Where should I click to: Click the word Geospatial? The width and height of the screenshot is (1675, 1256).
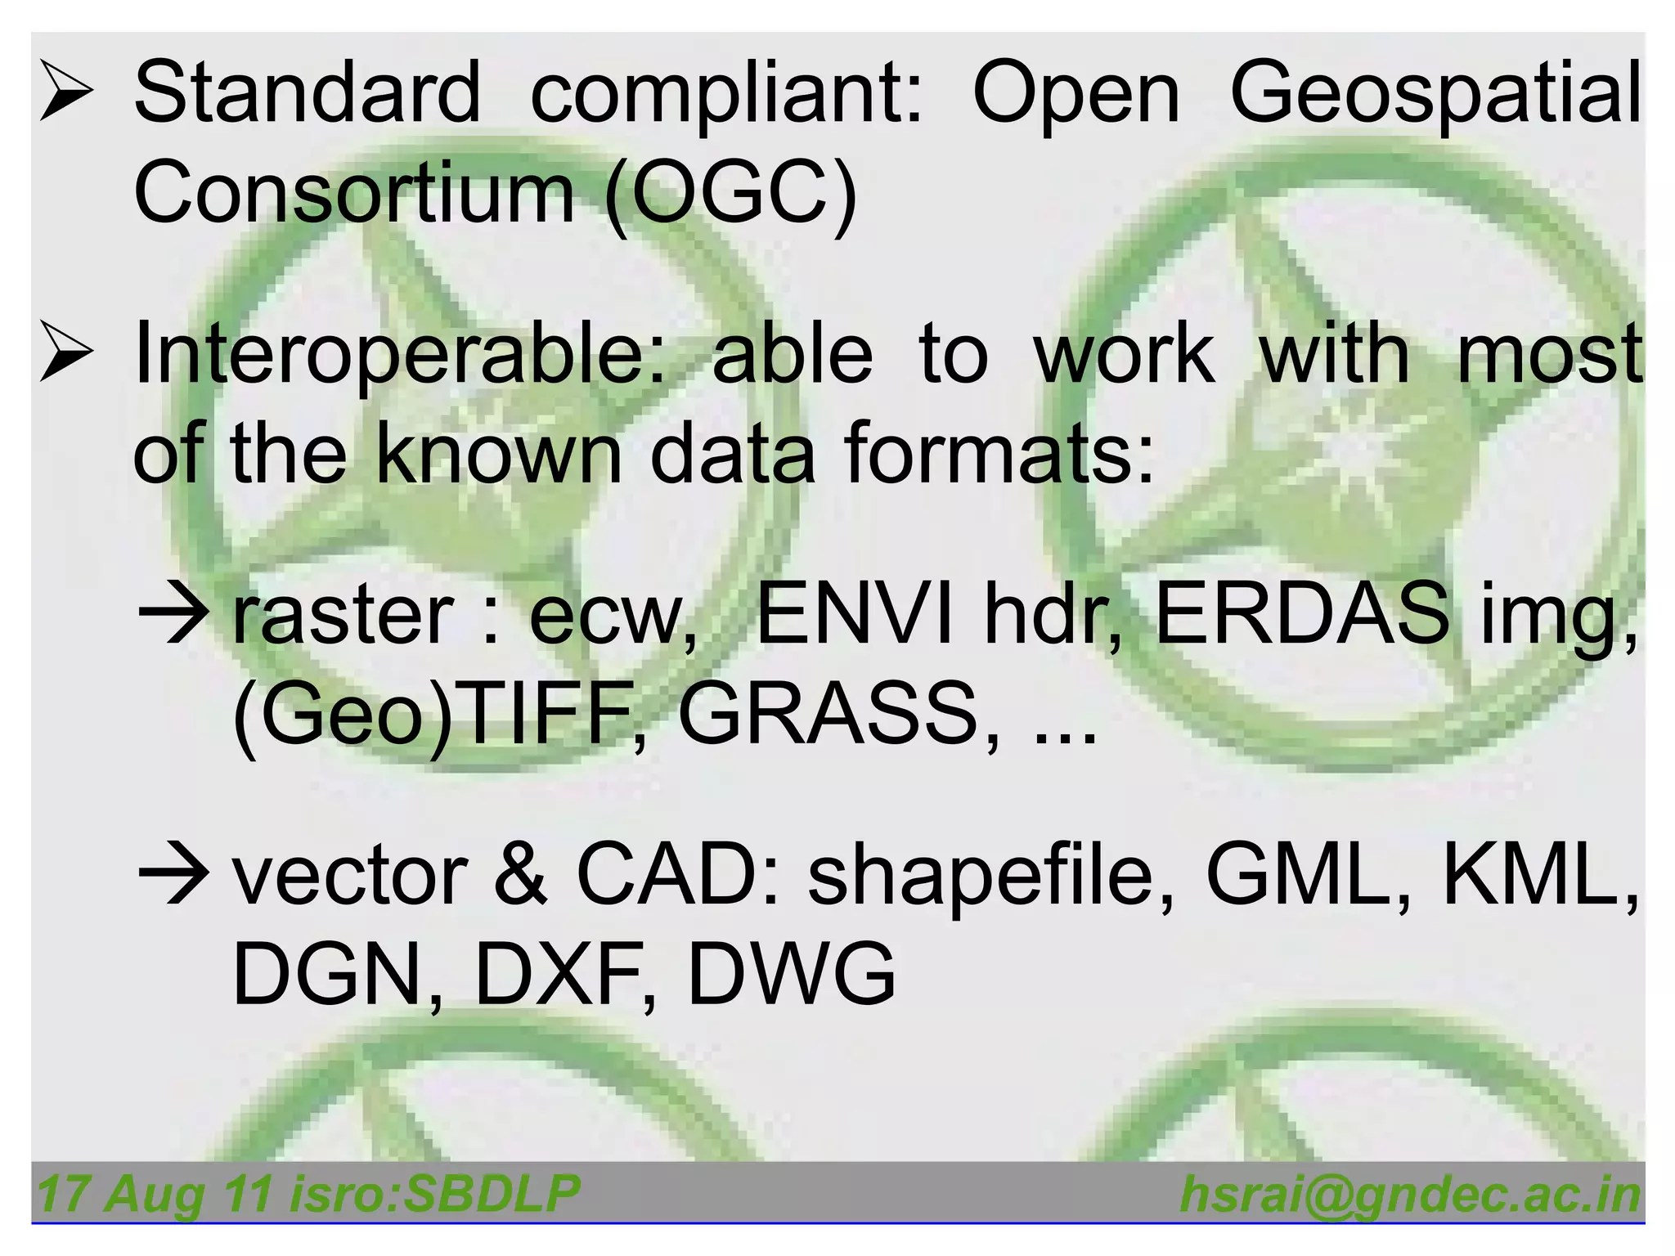click(x=1435, y=94)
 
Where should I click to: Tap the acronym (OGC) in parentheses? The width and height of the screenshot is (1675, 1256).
click(x=730, y=194)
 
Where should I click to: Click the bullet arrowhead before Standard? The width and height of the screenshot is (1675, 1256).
click(x=66, y=95)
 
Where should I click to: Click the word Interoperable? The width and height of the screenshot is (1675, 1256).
click(x=399, y=353)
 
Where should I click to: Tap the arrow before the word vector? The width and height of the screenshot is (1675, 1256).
click(x=174, y=877)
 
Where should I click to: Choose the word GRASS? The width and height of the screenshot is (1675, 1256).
click(x=828, y=713)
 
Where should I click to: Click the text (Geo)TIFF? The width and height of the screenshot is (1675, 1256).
click(x=433, y=715)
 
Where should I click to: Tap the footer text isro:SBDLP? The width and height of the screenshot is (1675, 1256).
click(x=435, y=1193)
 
